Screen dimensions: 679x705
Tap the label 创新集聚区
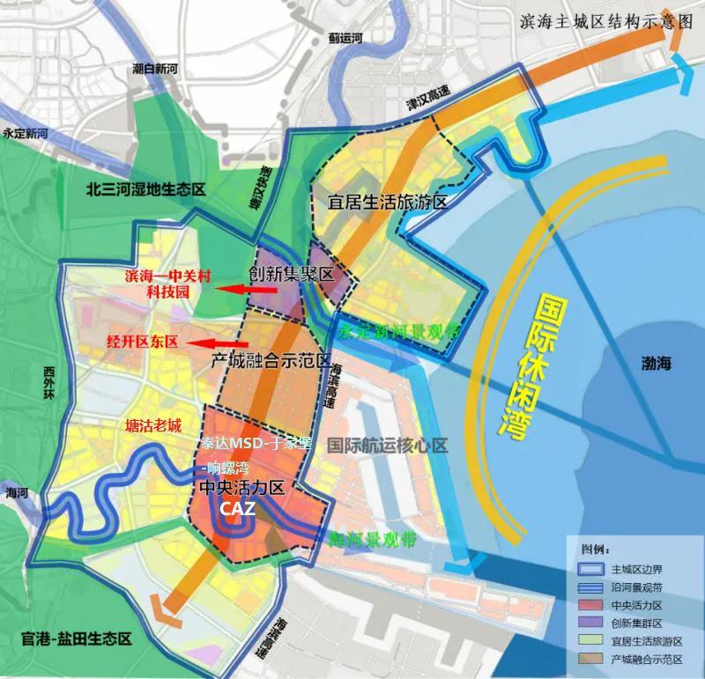click(292, 274)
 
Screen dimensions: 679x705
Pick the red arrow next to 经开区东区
click(219, 343)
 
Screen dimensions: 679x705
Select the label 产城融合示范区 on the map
click(271, 362)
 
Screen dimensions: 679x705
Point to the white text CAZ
click(238, 509)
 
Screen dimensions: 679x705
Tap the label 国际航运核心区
click(387, 446)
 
